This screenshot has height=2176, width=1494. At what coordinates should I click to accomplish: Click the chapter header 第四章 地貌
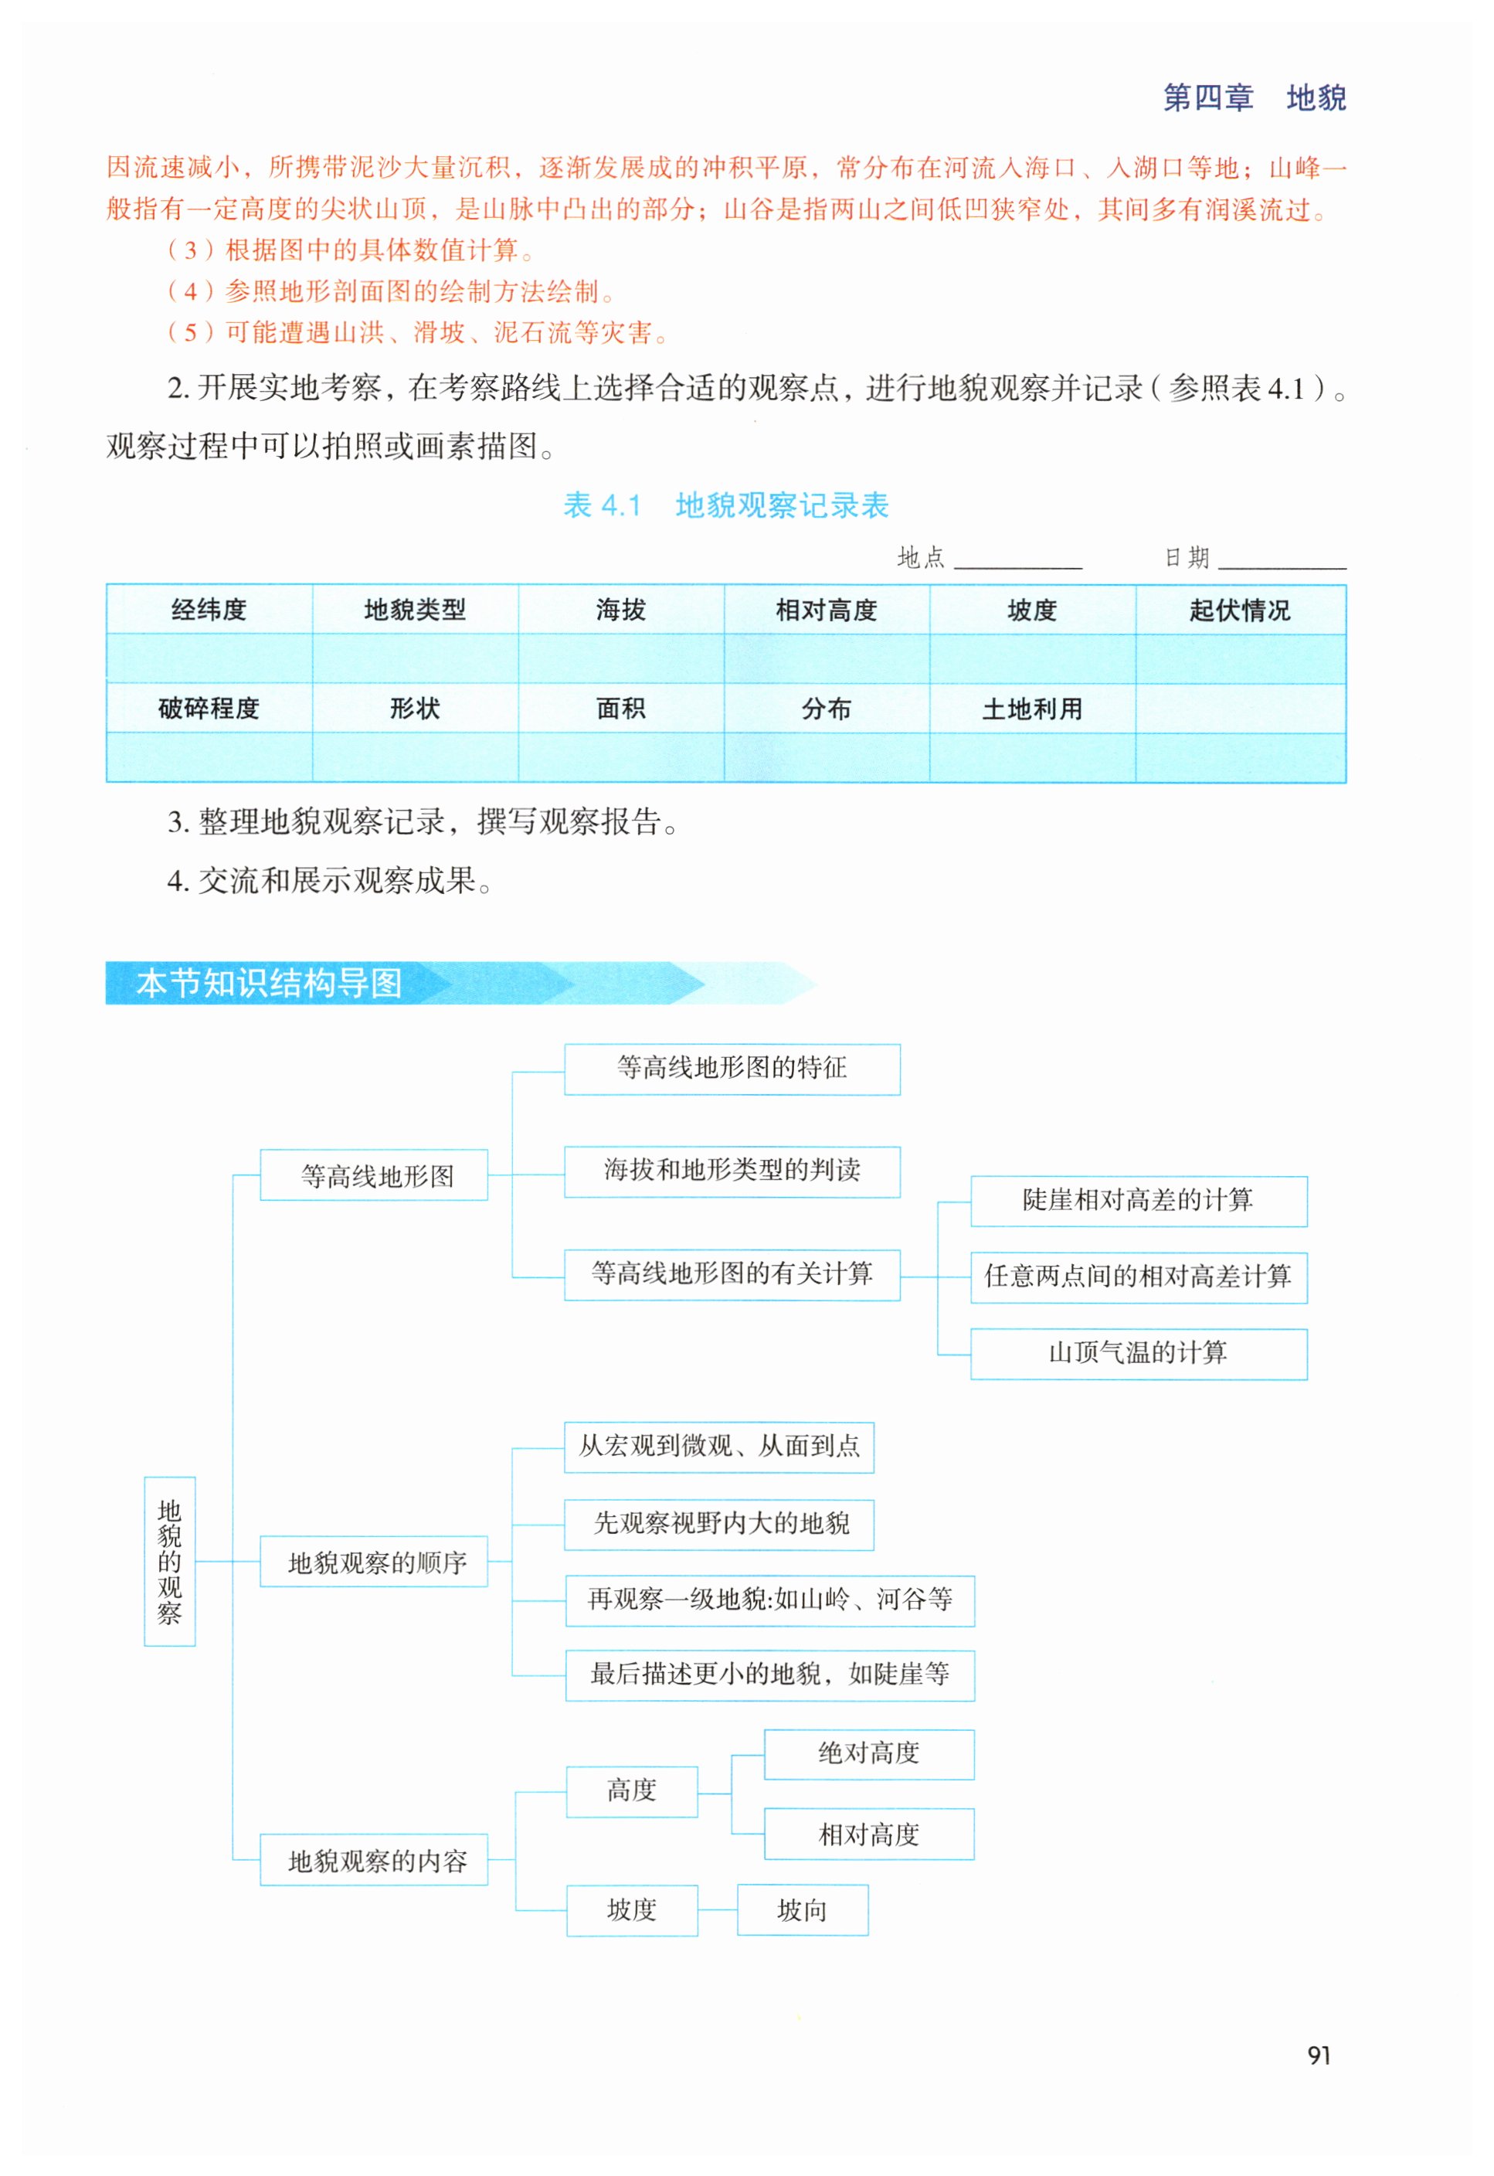(x=1254, y=97)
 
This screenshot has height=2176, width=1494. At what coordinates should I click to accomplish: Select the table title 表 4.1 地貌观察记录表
(x=725, y=505)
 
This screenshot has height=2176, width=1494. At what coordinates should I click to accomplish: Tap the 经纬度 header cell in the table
(x=209, y=610)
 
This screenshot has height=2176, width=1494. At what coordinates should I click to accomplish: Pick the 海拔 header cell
(x=620, y=610)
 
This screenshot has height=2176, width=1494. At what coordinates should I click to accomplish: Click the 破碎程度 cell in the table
(x=209, y=709)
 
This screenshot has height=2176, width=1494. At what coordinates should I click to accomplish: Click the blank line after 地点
(x=1017, y=562)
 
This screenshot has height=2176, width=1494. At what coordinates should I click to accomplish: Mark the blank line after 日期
(x=1282, y=562)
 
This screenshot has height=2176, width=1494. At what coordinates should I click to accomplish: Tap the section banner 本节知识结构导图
(x=270, y=983)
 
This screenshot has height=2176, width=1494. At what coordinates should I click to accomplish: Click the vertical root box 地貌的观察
(x=169, y=1561)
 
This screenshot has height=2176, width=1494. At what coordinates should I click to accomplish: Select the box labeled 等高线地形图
(x=375, y=1175)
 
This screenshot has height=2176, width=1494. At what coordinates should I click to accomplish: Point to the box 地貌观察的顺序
(x=375, y=1562)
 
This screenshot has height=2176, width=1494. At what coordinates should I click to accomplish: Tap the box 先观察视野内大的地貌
(x=719, y=1525)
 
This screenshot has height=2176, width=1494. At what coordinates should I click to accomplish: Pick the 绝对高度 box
(x=869, y=1754)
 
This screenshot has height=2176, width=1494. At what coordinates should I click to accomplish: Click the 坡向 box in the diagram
(x=802, y=1910)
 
